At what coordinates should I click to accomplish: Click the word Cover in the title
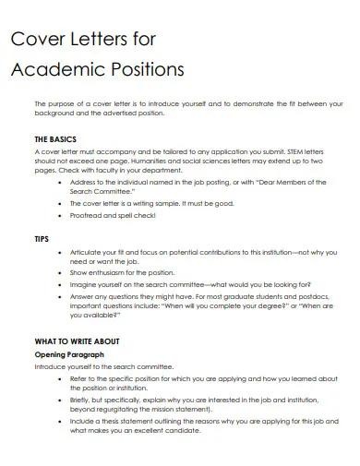click(x=35, y=38)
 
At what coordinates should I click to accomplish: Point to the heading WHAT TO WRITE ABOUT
click(x=77, y=340)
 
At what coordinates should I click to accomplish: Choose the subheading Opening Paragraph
click(x=70, y=354)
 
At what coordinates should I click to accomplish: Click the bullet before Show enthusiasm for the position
click(x=61, y=273)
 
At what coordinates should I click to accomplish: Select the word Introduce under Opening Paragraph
click(x=54, y=366)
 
